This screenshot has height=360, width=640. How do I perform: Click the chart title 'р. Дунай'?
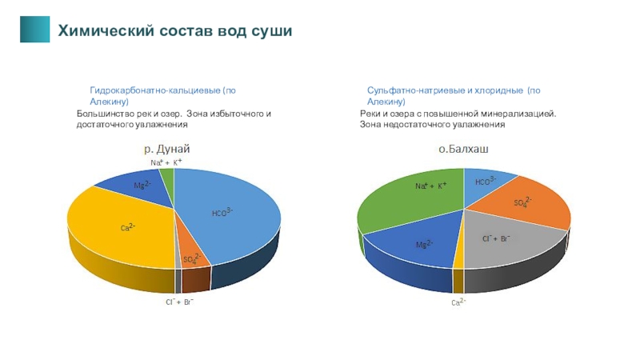click(166, 149)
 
